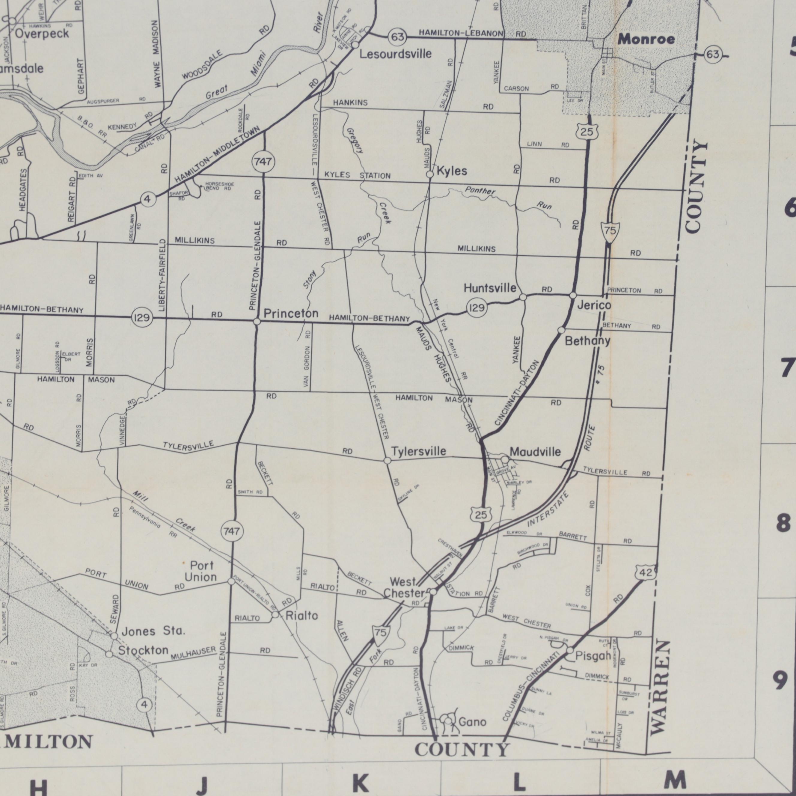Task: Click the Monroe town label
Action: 646,40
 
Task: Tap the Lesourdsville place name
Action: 396,54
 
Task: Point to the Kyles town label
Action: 452,171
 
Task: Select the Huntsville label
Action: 490,288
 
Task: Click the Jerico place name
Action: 594,305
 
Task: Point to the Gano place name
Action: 472,722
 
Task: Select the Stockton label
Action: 143,651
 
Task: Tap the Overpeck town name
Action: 42,34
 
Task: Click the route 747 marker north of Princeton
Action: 263,162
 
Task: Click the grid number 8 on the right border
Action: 783,524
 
